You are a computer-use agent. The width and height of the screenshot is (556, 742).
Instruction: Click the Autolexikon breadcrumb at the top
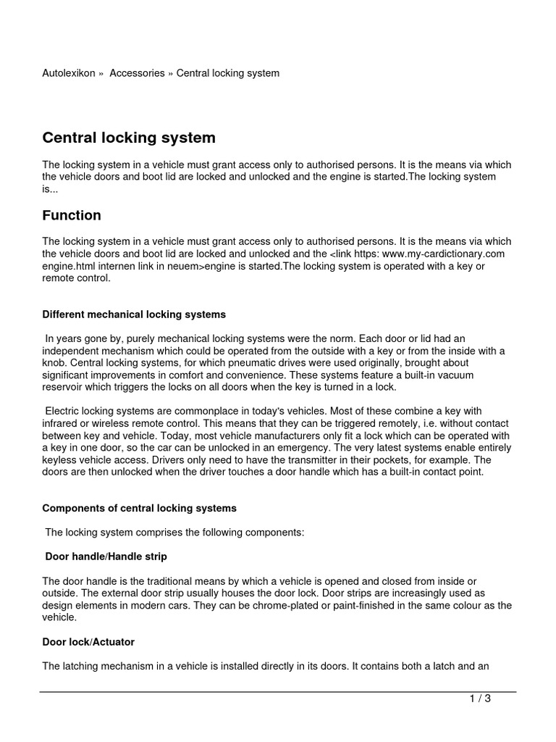[x=69, y=73]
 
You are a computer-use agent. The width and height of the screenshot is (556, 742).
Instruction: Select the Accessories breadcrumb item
[x=137, y=73]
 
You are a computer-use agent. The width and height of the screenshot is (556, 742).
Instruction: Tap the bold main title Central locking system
[x=129, y=138]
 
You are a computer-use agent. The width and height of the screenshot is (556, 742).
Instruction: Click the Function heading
[x=72, y=215]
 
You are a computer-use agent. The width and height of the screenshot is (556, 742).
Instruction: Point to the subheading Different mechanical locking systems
[x=134, y=314]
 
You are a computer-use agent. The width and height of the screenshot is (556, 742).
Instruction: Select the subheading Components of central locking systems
[x=140, y=509]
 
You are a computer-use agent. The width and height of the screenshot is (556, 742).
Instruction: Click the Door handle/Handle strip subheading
[x=106, y=556]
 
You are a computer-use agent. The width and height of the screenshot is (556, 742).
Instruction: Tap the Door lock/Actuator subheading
[x=88, y=642]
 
